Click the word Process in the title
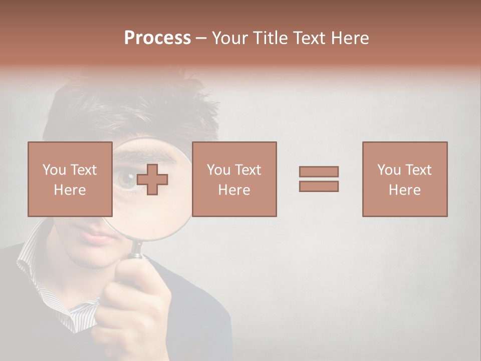157,38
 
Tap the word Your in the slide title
228,38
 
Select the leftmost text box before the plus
70,179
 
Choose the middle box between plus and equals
234,179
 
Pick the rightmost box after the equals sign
405,179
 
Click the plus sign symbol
152,179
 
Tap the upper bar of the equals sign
319,171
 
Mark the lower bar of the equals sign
319,186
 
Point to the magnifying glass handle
136,251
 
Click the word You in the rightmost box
388,170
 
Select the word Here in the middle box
234,190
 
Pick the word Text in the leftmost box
83,170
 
